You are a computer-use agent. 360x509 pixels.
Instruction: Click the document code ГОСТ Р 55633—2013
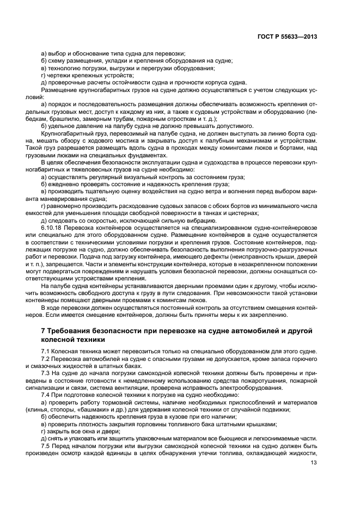tap(287, 36)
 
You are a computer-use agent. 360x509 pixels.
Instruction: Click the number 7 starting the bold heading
tap(44, 330)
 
